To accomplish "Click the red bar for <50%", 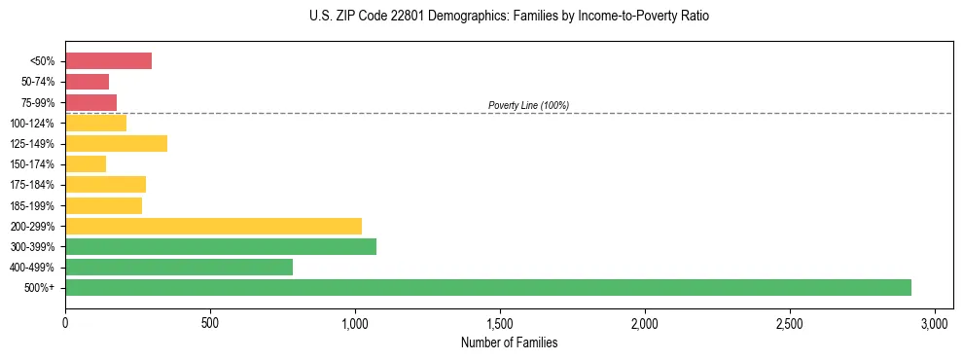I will [x=108, y=61].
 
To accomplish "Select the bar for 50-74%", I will [x=87, y=82].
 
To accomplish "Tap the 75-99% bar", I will [x=90, y=102].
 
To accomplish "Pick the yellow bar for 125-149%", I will [x=116, y=144].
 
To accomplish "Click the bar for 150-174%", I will [x=86, y=164].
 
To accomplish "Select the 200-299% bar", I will [x=213, y=226].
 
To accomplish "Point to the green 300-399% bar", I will [x=221, y=246].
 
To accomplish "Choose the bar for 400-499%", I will [x=179, y=267].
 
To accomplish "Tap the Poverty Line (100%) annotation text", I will [x=528, y=105].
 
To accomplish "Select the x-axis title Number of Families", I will [x=510, y=342].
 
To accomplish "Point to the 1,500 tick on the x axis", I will [x=500, y=322].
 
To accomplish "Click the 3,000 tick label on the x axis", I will [x=935, y=322].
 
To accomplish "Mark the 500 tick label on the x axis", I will [x=210, y=322].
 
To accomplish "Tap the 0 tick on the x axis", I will [x=65, y=322].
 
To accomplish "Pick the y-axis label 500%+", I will [x=43, y=288].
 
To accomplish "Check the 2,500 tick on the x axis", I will [x=790, y=322].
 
